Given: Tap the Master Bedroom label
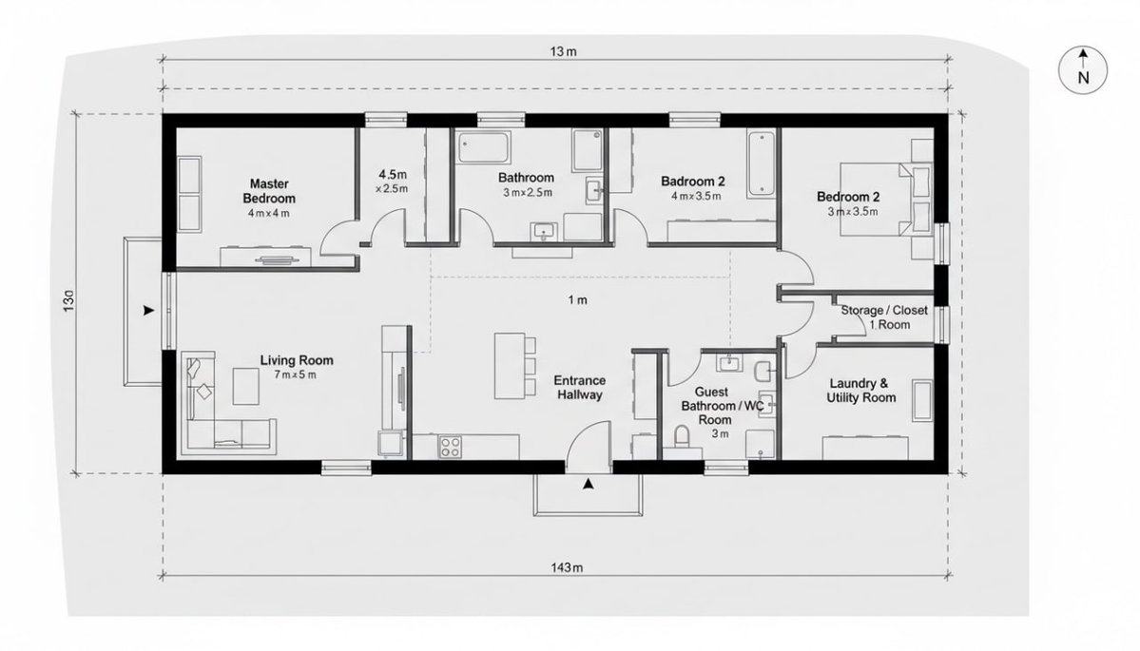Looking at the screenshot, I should coord(269,191).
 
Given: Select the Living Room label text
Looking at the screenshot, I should coord(297,360).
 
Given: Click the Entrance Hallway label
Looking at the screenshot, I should coord(579,388).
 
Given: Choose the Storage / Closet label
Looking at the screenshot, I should coord(883,310).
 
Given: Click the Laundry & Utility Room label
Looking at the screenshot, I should coord(860,391).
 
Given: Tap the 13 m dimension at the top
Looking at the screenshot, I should coord(563,52).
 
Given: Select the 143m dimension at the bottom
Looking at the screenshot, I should coord(565,567).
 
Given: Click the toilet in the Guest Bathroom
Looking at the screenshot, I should coord(681,438).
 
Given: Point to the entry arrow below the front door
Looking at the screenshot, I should coord(589,485).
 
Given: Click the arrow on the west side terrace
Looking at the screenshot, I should coord(147,311).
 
